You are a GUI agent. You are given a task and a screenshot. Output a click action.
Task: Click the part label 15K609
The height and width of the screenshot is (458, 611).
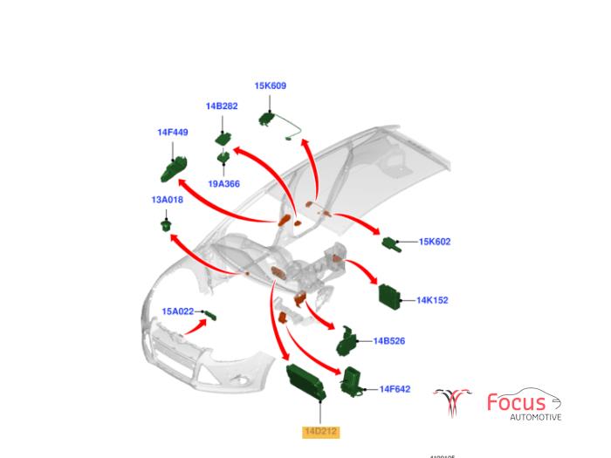[x=270, y=86]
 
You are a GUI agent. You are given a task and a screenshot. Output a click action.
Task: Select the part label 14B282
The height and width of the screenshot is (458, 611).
[x=222, y=106]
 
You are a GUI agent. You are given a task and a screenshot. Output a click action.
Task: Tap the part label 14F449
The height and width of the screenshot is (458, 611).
[x=173, y=133]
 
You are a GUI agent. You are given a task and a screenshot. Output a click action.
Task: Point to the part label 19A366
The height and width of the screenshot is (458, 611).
[x=223, y=184]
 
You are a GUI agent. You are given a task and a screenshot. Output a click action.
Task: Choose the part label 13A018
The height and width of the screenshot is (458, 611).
[x=167, y=200]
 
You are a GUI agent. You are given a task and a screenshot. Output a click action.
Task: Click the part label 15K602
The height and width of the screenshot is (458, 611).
[x=435, y=242]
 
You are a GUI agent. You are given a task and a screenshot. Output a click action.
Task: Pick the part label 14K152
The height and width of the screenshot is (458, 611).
[x=431, y=300]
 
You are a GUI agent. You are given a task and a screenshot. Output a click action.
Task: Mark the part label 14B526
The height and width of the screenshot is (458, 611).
[x=389, y=341]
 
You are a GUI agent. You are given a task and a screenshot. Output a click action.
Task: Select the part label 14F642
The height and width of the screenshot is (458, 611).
[x=395, y=389]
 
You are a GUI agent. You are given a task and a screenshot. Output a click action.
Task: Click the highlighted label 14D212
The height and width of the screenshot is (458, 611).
[x=320, y=431]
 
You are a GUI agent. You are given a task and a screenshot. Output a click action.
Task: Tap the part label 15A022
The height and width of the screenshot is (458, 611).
[x=177, y=311]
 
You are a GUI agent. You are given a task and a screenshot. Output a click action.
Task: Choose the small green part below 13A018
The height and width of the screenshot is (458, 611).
[x=163, y=226]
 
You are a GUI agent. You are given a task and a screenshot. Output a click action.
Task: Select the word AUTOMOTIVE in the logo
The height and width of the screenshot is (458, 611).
[x=535, y=417]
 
